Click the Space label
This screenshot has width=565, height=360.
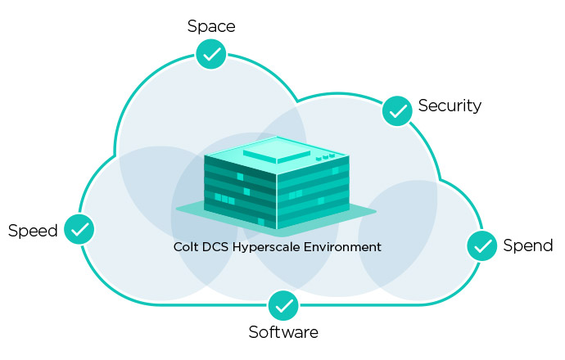pos(211,26)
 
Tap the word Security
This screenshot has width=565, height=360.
pos(450,106)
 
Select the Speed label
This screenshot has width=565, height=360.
pos(33,231)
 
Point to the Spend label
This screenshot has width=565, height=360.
pos(527,245)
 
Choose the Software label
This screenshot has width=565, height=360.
pos(283,332)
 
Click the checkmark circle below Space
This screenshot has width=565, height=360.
pos(211,55)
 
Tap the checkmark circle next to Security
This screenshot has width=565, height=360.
pos(397,110)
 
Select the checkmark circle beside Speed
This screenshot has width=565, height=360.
pos(79,230)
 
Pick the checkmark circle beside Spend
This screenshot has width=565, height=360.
pos(482,245)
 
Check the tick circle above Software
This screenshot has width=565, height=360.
pos(283,305)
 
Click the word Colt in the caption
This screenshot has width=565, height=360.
pos(186,246)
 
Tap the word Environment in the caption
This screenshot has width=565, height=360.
pos(344,246)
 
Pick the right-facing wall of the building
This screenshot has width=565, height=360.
pos(314,192)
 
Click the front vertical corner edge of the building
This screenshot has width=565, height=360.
pos(277,200)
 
